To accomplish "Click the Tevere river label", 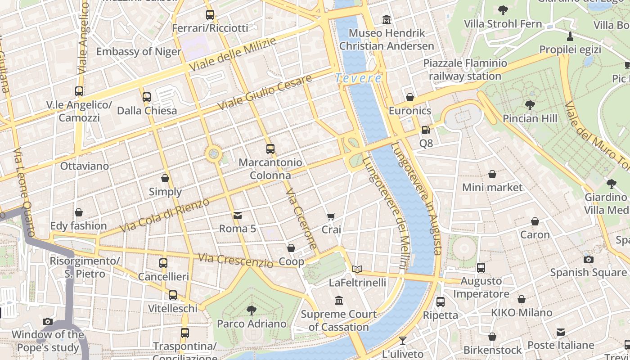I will [x=358, y=78].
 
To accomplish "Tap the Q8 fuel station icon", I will [x=426, y=130].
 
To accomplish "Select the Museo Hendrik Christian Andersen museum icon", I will [x=387, y=20].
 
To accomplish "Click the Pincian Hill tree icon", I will [x=530, y=106].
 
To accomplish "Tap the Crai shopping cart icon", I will [x=331, y=217].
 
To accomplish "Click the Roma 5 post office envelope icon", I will [x=237, y=216].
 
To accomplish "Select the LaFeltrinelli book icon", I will [x=357, y=270].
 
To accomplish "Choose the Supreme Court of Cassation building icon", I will [x=339, y=300].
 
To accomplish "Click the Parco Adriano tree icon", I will [x=252, y=310].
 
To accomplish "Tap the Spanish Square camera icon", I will [x=588, y=259].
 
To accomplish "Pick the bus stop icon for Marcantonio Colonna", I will [x=270, y=149].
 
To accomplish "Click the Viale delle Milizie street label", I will [x=233, y=54].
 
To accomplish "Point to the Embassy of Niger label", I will [x=139, y=51].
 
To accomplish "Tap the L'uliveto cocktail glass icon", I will [x=403, y=341].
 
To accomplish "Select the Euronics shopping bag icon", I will [x=409, y=97].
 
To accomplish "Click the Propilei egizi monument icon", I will [x=570, y=36].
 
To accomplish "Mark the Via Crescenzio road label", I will [x=236, y=260].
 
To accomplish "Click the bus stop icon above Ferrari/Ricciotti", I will [x=210, y=15].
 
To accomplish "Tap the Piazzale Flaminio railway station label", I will [x=465, y=70].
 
